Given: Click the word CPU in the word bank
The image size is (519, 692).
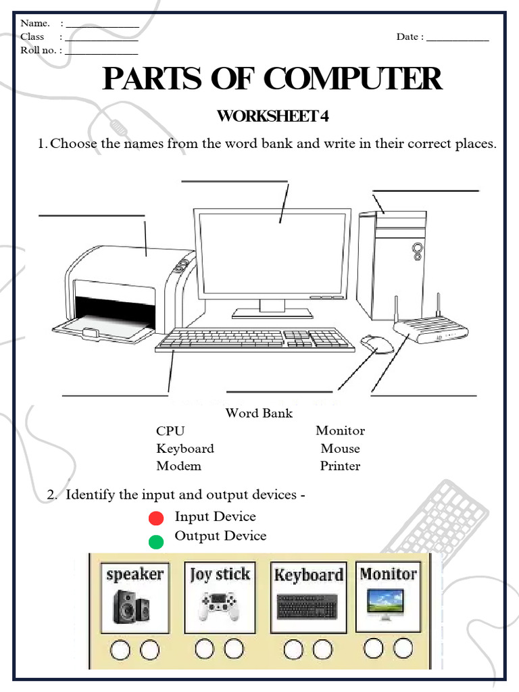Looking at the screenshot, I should pyautogui.click(x=170, y=431).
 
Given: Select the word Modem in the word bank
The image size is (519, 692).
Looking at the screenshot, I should pyautogui.click(x=178, y=466).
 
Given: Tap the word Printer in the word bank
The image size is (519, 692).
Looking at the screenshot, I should pyautogui.click(x=340, y=466).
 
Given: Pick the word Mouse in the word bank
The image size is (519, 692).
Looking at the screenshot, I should pyautogui.click(x=340, y=449).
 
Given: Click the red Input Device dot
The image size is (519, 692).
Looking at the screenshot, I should pyautogui.click(x=156, y=518).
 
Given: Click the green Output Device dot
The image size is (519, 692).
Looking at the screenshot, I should pyautogui.click(x=156, y=541).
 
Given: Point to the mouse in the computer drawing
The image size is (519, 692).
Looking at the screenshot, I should pyautogui.click(x=376, y=343).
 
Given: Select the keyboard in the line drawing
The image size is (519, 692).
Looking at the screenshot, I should pyautogui.click(x=255, y=339).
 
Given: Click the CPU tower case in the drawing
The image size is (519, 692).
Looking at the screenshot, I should pyautogui.click(x=392, y=264).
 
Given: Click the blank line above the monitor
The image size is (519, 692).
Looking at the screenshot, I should pyautogui.click(x=234, y=181).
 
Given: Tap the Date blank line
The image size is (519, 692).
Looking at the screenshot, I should pyautogui.click(x=458, y=41).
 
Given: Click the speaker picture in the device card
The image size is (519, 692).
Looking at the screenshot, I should pyautogui.click(x=134, y=606).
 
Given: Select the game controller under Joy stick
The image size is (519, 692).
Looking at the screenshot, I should pyautogui.click(x=219, y=605).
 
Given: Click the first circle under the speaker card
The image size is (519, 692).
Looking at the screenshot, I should pyautogui.click(x=120, y=650).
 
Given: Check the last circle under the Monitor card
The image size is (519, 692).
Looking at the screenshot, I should pyautogui.click(x=403, y=649).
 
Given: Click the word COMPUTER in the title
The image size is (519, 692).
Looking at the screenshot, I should pyautogui.click(x=352, y=79).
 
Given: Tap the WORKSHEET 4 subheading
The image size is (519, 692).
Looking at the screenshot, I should pyautogui.click(x=272, y=116).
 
